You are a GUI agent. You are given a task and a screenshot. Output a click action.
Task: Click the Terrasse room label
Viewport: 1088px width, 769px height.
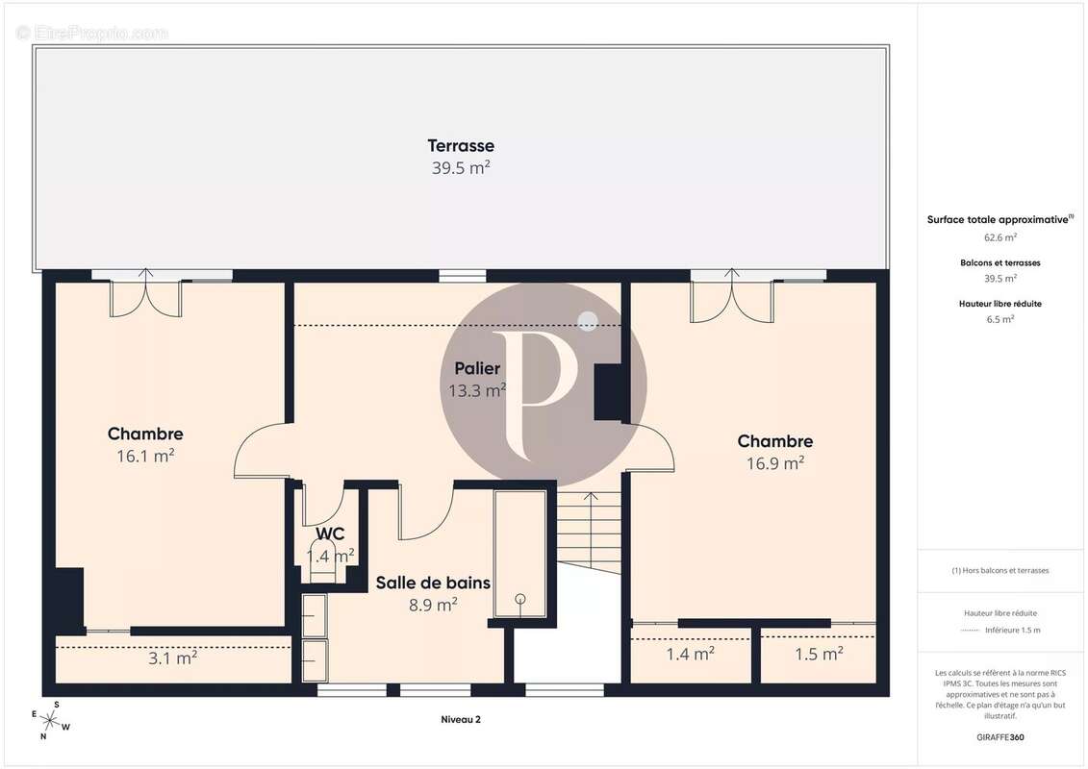(x=461, y=146)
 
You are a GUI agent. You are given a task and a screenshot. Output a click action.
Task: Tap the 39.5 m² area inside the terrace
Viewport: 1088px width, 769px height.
(x=461, y=167)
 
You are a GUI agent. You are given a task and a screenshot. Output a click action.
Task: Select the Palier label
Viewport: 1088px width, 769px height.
(x=477, y=369)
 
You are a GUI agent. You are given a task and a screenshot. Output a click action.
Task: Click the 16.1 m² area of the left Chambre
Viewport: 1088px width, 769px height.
(x=145, y=457)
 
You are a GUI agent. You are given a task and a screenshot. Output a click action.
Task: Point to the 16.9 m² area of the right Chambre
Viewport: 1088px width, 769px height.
(x=775, y=463)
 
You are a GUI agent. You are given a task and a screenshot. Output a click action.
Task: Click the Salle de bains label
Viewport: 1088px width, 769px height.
(x=433, y=583)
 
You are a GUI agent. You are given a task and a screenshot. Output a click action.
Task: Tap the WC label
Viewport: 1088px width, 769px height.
(x=330, y=533)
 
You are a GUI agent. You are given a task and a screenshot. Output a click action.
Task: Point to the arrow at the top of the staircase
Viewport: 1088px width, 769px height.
(x=591, y=499)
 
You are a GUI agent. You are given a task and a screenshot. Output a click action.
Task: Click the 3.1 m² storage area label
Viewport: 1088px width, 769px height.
(x=173, y=658)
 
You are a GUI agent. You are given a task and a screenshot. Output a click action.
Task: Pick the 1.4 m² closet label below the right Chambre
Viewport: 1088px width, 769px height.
(x=690, y=655)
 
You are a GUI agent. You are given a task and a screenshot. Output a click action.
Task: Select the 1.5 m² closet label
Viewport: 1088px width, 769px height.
(x=819, y=655)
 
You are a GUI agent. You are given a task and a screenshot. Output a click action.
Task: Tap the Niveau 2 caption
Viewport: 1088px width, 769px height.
(x=460, y=719)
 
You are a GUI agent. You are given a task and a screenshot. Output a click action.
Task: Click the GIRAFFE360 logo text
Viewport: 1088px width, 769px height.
(x=1000, y=737)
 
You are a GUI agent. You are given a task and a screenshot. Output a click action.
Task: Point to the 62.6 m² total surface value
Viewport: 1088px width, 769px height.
(x=1000, y=236)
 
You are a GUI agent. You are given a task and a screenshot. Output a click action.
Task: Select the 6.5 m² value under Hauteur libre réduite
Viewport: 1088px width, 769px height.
(x=1000, y=319)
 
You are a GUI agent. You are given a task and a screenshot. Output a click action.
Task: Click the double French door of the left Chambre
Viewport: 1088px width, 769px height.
(x=145, y=296)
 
